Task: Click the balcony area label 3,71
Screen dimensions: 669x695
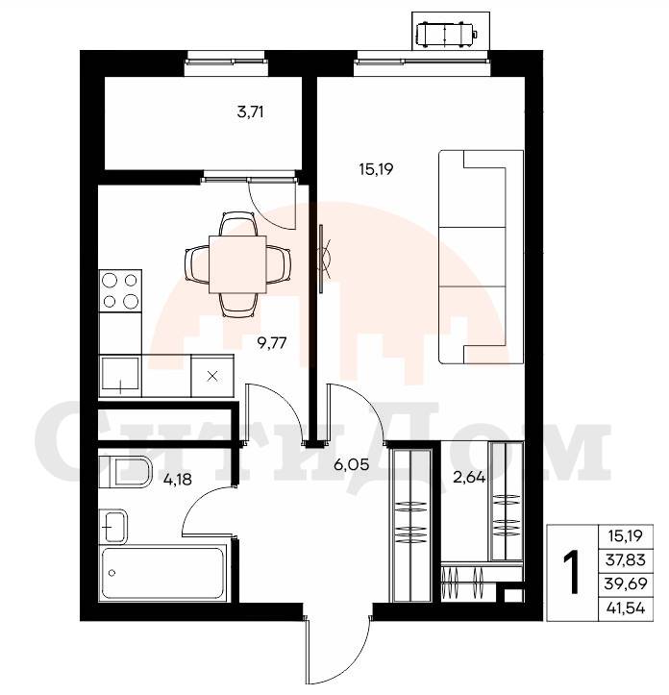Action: pyautogui.click(x=251, y=112)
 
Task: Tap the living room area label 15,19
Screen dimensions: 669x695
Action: pyautogui.click(x=377, y=169)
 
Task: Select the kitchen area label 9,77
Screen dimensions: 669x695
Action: pyautogui.click(x=272, y=342)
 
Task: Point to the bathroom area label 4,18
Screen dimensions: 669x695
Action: pyautogui.click(x=178, y=479)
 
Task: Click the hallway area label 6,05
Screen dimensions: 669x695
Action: pyautogui.click(x=352, y=465)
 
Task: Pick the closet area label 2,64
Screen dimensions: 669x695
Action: pyautogui.click(x=469, y=478)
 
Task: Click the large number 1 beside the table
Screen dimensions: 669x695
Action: pyautogui.click(x=572, y=572)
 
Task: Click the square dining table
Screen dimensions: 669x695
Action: pyautogui.click(x=237, y=264)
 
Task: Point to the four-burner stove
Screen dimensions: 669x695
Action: pyautogui.click(x=120, y=290)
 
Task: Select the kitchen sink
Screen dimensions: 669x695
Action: pyautogui.click(x=120, y=376)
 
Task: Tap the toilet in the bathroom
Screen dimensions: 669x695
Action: pyautogui.click(x=125, y=471)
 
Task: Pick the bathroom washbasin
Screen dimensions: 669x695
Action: pyautogui.click(x=113, y=527)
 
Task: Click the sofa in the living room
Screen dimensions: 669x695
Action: pyautogui.click(x=481, y=257)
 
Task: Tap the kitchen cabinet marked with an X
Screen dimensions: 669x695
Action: pyautogui.click(x=212, y=376)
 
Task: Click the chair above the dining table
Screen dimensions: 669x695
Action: pyautogui.click(x=238, y=224)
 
